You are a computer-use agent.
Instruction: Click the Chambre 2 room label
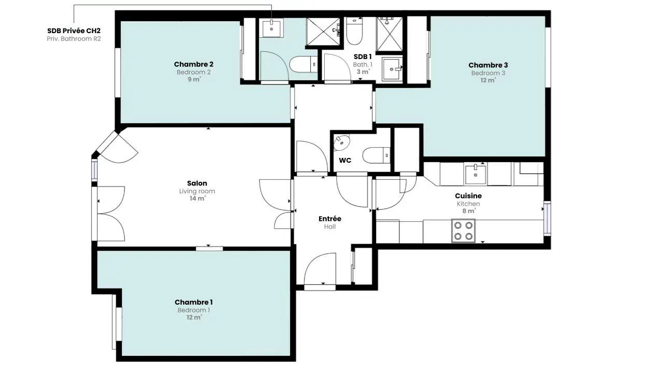pyautogui.click(x=193, y=64)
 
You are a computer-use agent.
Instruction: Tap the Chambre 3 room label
pyautogui.click(x=488, y=65)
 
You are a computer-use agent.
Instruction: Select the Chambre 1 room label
pyautogui.click(x=193, y=302)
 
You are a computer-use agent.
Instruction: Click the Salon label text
pyautogui.click(x=197, y=183)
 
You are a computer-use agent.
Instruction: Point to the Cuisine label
pyautogui.click(x=468, y=196)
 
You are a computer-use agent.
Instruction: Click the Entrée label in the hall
pyautogui.click(x=329, y=219)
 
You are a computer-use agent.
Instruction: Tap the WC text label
pyautogui.click(x=345, y=161)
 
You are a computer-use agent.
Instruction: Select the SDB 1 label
pyautogui.click(x=363, y=56)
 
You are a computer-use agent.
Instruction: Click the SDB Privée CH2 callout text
pyautogui.click(x=74, y=31)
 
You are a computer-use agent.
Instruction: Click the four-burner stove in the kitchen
pyautogui.click(x=463, y=231)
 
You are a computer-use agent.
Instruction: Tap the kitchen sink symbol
pyautogui.click(x=476, y=175)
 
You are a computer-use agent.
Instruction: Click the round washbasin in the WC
pyautogui.click(x=341, y=143)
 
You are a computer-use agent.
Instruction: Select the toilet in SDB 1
pyautogui.click(x=354, y=31)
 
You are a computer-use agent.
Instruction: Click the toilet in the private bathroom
pyautogui.click(x=303, y=64)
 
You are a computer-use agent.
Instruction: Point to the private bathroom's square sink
pyautogui.click(x=271, y=28)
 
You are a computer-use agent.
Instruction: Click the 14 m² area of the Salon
pyautogui.click(x=198, y=198)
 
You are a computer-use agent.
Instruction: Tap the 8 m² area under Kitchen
pyautogui.click(x=468, y=211)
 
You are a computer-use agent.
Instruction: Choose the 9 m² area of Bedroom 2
pyautogui.click(x=194, y=79)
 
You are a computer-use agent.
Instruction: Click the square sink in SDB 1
pyautogui.click(x=392, y=69)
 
